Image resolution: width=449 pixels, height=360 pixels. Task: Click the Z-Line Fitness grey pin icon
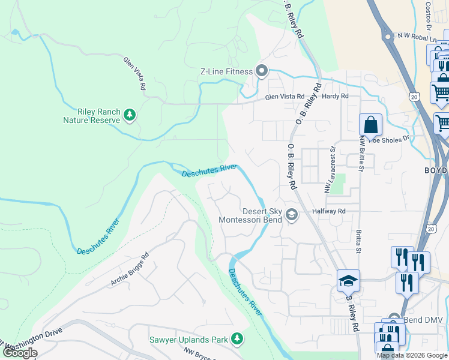(x=262, y=71)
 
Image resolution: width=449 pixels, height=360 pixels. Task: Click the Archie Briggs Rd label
(x=129, y=273)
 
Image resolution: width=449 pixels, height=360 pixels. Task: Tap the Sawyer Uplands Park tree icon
(x=238, y=340)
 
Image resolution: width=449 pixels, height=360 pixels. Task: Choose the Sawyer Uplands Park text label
(x=188, y=340)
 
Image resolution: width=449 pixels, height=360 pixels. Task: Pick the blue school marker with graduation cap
(x=348, y=280)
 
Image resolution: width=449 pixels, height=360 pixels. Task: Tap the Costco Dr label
(x=429, y=17)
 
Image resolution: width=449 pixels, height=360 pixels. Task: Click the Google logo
(x=20, y=353)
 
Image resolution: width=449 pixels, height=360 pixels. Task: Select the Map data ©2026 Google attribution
(x=412, y=355)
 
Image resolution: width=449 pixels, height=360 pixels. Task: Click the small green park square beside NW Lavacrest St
(x=339, y=183)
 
